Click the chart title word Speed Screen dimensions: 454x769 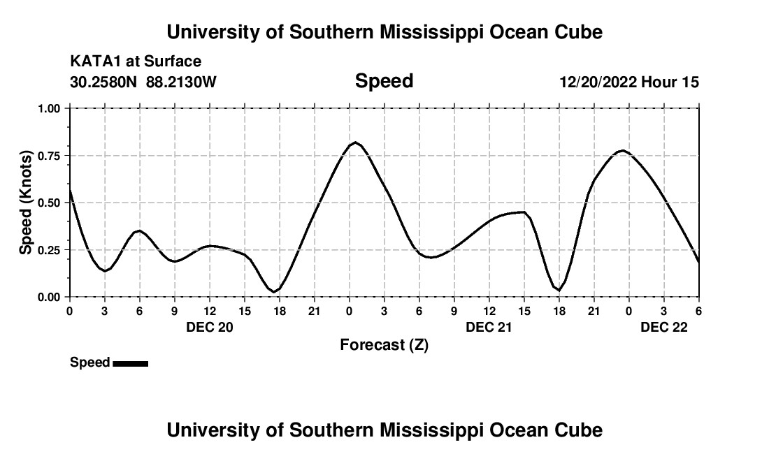tap(384, 81)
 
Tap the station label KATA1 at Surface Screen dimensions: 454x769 tap(136, 62)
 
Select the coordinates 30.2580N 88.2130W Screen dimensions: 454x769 tap(143, 82)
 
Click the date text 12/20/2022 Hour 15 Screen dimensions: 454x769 tap(628, 82)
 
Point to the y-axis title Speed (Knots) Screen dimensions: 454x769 tap(26, 203)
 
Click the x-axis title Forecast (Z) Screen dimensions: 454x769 tap(384, 344)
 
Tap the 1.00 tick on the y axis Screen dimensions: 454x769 tap(50, 109)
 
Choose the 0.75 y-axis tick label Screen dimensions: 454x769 tap(50, 156)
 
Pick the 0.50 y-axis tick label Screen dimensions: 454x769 tap(50, 203)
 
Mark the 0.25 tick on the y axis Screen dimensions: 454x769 tap(50, 250)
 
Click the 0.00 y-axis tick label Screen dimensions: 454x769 tap(50, 297)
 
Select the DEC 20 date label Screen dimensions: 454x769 tap(210, 327)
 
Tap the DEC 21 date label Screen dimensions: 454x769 tap(489, 327)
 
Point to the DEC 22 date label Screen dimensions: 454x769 tap(664, 327)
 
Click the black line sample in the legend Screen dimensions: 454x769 tap(130, 363)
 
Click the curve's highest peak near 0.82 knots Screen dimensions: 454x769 tap(355, 142)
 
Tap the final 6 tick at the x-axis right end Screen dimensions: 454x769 tap(698, 310)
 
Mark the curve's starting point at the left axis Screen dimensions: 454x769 tap(70, 189)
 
